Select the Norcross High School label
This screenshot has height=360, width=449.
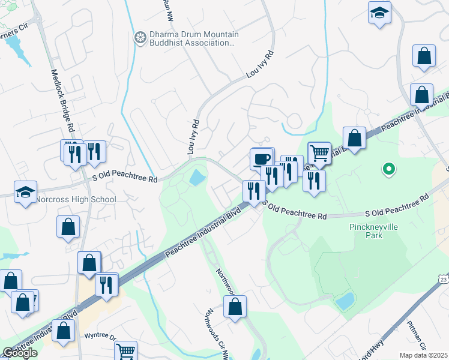[x=76, y=199]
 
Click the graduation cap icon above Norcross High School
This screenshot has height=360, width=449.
[x=25, y=191]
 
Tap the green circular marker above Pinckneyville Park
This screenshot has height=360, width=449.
[x=389, y=169]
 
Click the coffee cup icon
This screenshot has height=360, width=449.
[x=261, y=159]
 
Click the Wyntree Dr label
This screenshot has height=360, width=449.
[x=100, y=336]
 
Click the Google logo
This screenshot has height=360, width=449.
[x=20, y=353]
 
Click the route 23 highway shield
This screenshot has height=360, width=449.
[x=443, y=279]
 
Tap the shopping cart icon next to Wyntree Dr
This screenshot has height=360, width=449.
[x=125, y=351]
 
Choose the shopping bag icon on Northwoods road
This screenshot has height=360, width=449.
[x=235, y=305]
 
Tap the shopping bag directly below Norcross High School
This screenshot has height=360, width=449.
[x=68, y=227]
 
